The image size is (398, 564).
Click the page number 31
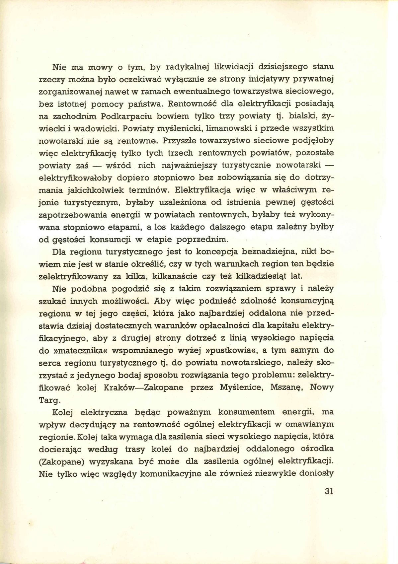[329, 491]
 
